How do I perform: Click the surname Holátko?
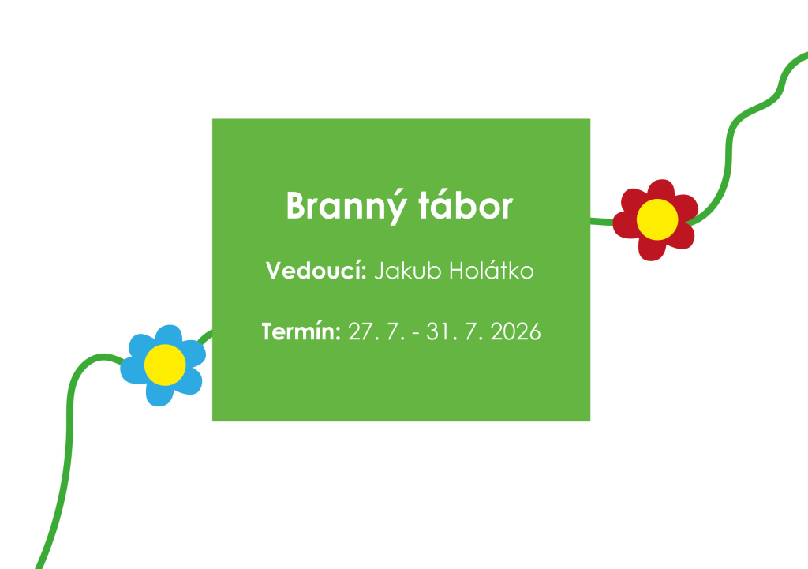click(491, 271)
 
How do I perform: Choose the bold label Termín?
click(301, 331)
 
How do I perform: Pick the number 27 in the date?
click(359, 331)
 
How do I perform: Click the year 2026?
click(515, 331)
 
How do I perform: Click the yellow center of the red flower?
click(657, 219)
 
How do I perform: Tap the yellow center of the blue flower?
click(165, 365)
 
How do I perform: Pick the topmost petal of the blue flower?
click(167, 336)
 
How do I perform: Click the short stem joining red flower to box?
click(603, 220)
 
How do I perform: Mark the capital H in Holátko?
click(458, 271)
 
